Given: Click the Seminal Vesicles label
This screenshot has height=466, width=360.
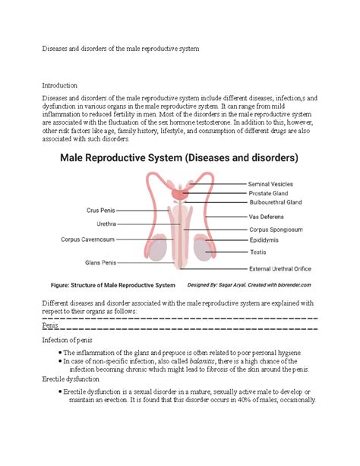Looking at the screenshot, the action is [271, 184].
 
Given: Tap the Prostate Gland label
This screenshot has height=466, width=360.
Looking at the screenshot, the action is [268, 194].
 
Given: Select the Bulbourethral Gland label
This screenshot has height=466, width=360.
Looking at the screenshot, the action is [276, 203].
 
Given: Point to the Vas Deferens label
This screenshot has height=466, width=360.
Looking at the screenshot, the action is [267, 217].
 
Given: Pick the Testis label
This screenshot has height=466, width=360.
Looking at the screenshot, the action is [257, 252].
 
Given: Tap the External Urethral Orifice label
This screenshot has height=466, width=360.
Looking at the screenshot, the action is [283, 268].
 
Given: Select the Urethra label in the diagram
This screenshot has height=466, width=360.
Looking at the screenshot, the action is [106, 224].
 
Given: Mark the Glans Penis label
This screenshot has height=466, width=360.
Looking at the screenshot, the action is [99, 262].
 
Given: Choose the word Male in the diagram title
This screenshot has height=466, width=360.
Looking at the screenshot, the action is [79, 158].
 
